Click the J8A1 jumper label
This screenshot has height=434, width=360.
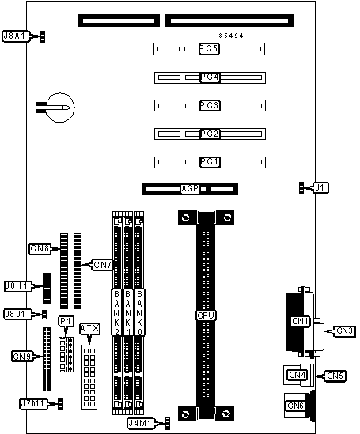coord(16,36)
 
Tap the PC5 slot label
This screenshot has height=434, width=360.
coord(209,49)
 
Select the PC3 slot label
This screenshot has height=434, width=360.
coord(210,105)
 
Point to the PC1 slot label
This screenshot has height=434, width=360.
coord(210,161)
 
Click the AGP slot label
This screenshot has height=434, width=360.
coord(190,189)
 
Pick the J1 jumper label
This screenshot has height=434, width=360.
coord(320,188)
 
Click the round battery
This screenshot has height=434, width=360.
coord(60,108)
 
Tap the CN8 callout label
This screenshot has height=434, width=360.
coord(40,248)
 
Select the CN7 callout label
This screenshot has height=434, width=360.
coord(102,265)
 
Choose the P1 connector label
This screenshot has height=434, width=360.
coord(66,321)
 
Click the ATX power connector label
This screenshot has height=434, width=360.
coord(89,329)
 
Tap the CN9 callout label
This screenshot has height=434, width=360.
coord(23,357)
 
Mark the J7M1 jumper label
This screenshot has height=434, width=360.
coord(33,404)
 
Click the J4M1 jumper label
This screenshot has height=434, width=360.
coord(141,423)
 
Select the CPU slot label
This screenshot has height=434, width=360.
coord(206,315)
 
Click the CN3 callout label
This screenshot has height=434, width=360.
coord(344,330)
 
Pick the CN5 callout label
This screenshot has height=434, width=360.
coord(335,376)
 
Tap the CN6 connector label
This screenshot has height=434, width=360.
coord(296,406)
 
